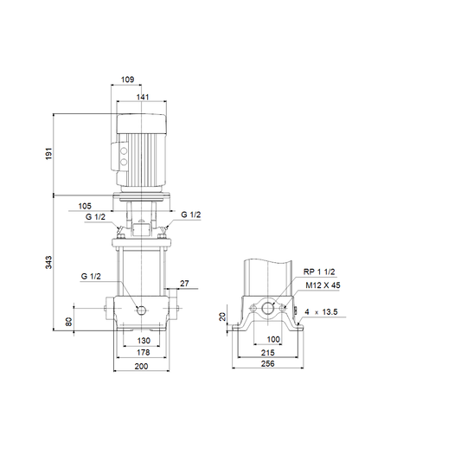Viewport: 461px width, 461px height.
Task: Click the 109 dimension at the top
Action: point(128,80)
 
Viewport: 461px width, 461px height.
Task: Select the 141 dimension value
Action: point(143,97)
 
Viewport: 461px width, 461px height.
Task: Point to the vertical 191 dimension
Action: point(48,153)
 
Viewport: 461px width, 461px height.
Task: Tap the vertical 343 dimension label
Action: point(48,262)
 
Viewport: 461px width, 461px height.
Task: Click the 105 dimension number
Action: point(85,206)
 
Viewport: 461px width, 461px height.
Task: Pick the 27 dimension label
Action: point(184,284)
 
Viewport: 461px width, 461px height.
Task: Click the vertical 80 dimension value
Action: point(68,322)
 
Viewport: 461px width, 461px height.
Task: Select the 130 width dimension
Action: point(144,341)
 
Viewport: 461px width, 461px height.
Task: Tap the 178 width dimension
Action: point(144,352)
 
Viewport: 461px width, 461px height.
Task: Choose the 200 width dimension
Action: point(142,367)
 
